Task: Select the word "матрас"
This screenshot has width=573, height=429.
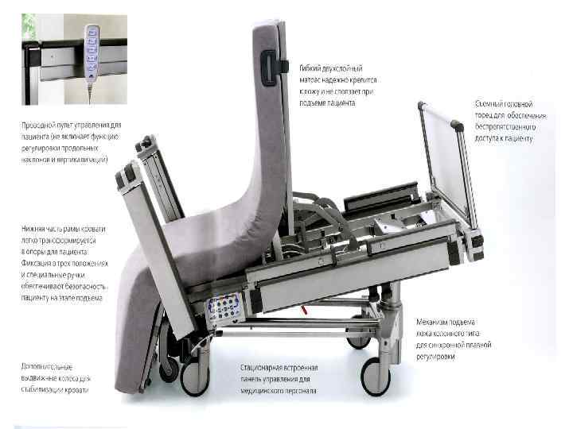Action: coord(310,81)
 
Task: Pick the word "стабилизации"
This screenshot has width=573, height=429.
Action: coord(44,389)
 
